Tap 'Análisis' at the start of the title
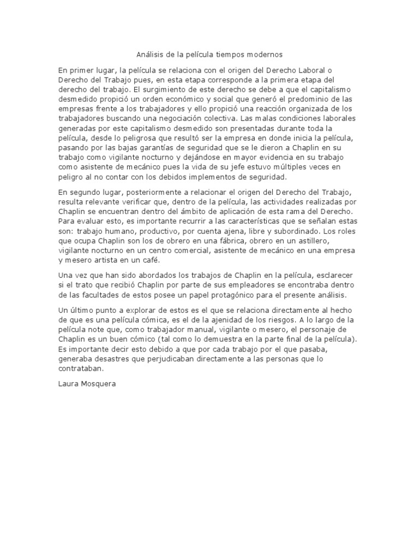[x=148, y=55]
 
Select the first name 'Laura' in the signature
[x=68, y=383]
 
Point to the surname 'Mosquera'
[x=98, y=383]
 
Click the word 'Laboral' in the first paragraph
[x=312, y=70]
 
